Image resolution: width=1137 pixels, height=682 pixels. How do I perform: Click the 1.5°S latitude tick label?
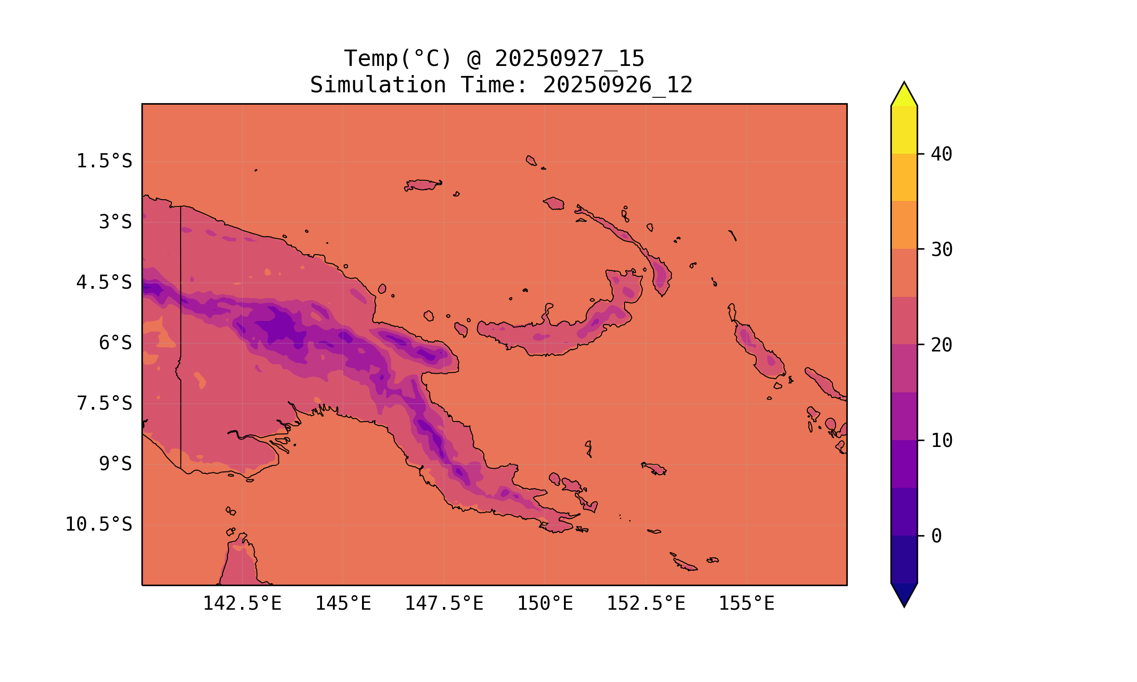click(104, 161)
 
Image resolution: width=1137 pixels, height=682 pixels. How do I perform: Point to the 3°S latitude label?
click(116, 222)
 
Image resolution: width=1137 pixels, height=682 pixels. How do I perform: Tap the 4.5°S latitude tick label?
click(104, 283)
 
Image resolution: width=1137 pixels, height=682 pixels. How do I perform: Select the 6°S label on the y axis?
click(116, 343)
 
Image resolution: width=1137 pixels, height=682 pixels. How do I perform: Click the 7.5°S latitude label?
click(104, 403)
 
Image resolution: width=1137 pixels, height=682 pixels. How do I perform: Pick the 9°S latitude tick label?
click(116, 464)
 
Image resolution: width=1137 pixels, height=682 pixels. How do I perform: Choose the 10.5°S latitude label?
click(98, 524)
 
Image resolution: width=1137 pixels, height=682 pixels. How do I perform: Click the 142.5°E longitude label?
click(242, 603)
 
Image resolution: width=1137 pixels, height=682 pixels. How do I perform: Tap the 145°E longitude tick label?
click(343, 603)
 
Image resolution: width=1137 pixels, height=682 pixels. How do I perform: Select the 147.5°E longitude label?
click(444, 603)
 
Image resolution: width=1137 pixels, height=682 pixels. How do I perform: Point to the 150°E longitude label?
click(545, 603)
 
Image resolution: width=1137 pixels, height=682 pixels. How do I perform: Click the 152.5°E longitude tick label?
click(646, 603)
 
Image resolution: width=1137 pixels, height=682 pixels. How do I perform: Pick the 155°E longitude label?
click(746, 603)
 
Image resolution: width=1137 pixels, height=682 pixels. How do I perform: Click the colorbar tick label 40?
click(941, 155)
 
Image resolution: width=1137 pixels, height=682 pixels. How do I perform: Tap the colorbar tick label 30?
click(941, 250)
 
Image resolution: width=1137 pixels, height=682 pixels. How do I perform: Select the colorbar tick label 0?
click(936, 537)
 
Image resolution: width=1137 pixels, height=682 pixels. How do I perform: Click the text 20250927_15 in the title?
click(569, 59)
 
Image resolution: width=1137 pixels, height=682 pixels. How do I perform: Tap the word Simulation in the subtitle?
click(378, 85)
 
